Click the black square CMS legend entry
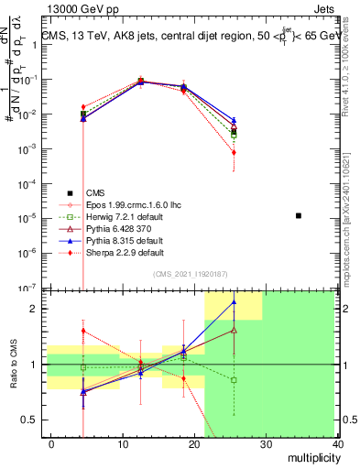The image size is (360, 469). [95, 192]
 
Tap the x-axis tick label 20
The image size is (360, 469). [194, 443]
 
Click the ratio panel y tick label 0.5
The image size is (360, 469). [29, 420]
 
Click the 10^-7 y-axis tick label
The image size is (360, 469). [27, 288]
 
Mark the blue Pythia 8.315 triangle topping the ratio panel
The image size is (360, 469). [235, 300]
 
